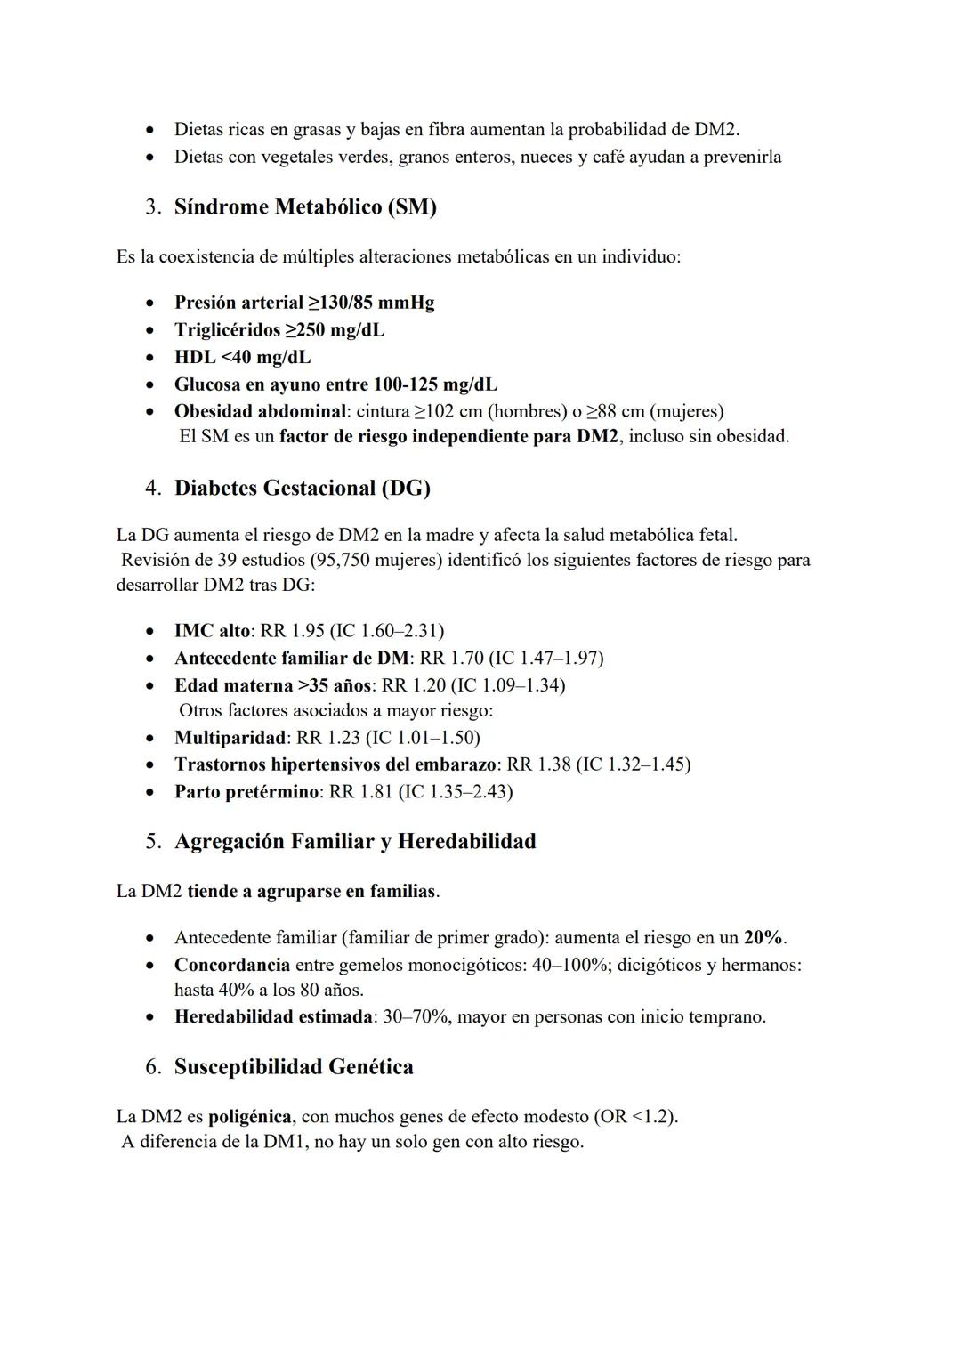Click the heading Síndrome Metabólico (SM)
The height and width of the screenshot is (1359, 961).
click(305, 207)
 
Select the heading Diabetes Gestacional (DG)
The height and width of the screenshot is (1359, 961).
click(302, 489)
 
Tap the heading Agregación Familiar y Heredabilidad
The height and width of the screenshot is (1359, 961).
click(355, 842)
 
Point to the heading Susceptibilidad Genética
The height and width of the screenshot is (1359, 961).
click(294, 1067)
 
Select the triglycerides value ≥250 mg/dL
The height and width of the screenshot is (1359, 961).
click(335, 330)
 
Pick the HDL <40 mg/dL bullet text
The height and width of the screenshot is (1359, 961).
click(242, 358)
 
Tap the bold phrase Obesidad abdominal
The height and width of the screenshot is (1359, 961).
click(259, 412)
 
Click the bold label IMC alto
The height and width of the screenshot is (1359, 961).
click(213, 632)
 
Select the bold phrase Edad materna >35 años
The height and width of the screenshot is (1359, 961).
click(273, 685)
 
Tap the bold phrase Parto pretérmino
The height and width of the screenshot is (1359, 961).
click(246, 792)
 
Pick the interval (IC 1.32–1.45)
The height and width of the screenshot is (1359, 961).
click(634, 765)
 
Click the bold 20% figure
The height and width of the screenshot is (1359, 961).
click(763, 938)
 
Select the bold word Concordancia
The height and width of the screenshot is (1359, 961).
click(231, 966)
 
